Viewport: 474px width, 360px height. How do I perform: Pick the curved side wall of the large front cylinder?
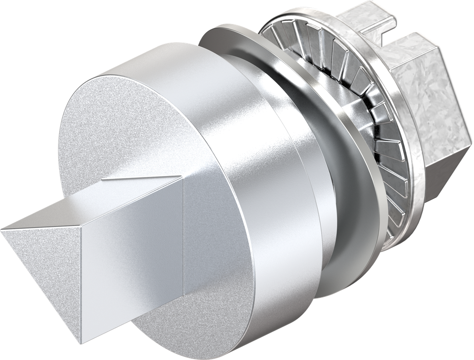point(241,185)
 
